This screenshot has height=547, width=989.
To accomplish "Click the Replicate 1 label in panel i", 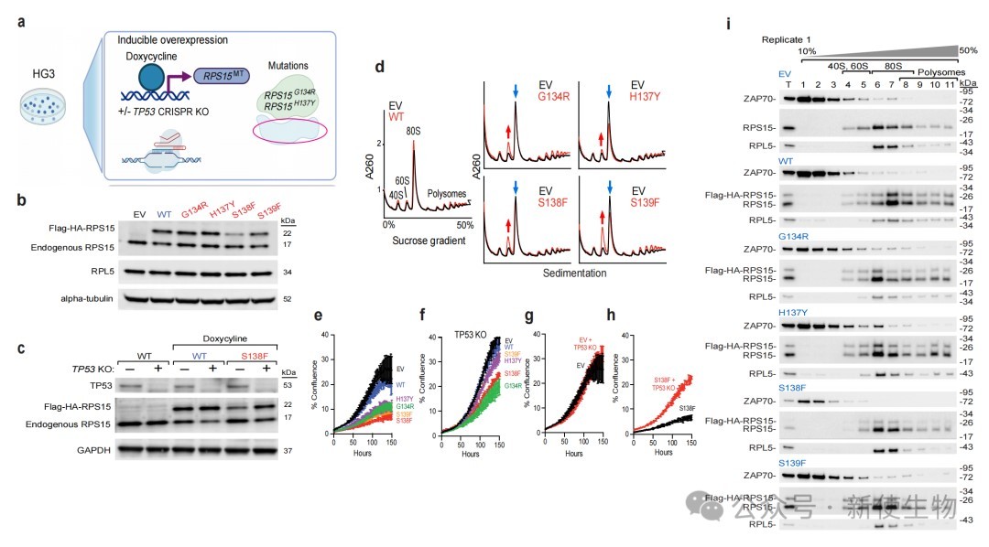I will (x=788, y=39).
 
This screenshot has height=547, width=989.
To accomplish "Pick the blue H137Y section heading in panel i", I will (x=766, y=312).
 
